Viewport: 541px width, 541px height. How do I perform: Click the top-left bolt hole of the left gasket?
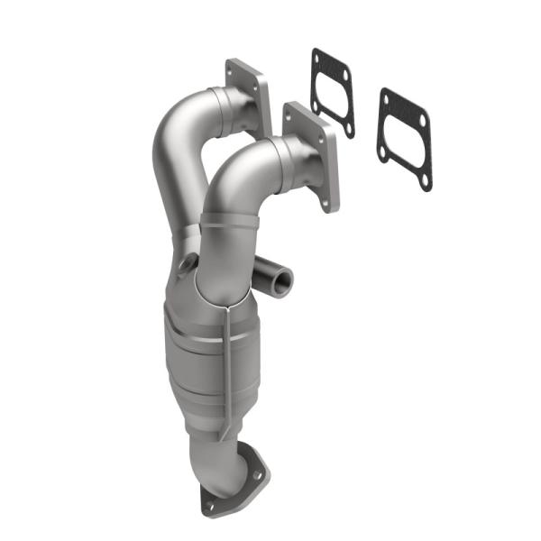(316, 56)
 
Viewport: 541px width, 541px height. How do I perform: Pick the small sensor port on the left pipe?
(188, 263)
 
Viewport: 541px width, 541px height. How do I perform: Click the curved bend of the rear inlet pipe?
(171, 135)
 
